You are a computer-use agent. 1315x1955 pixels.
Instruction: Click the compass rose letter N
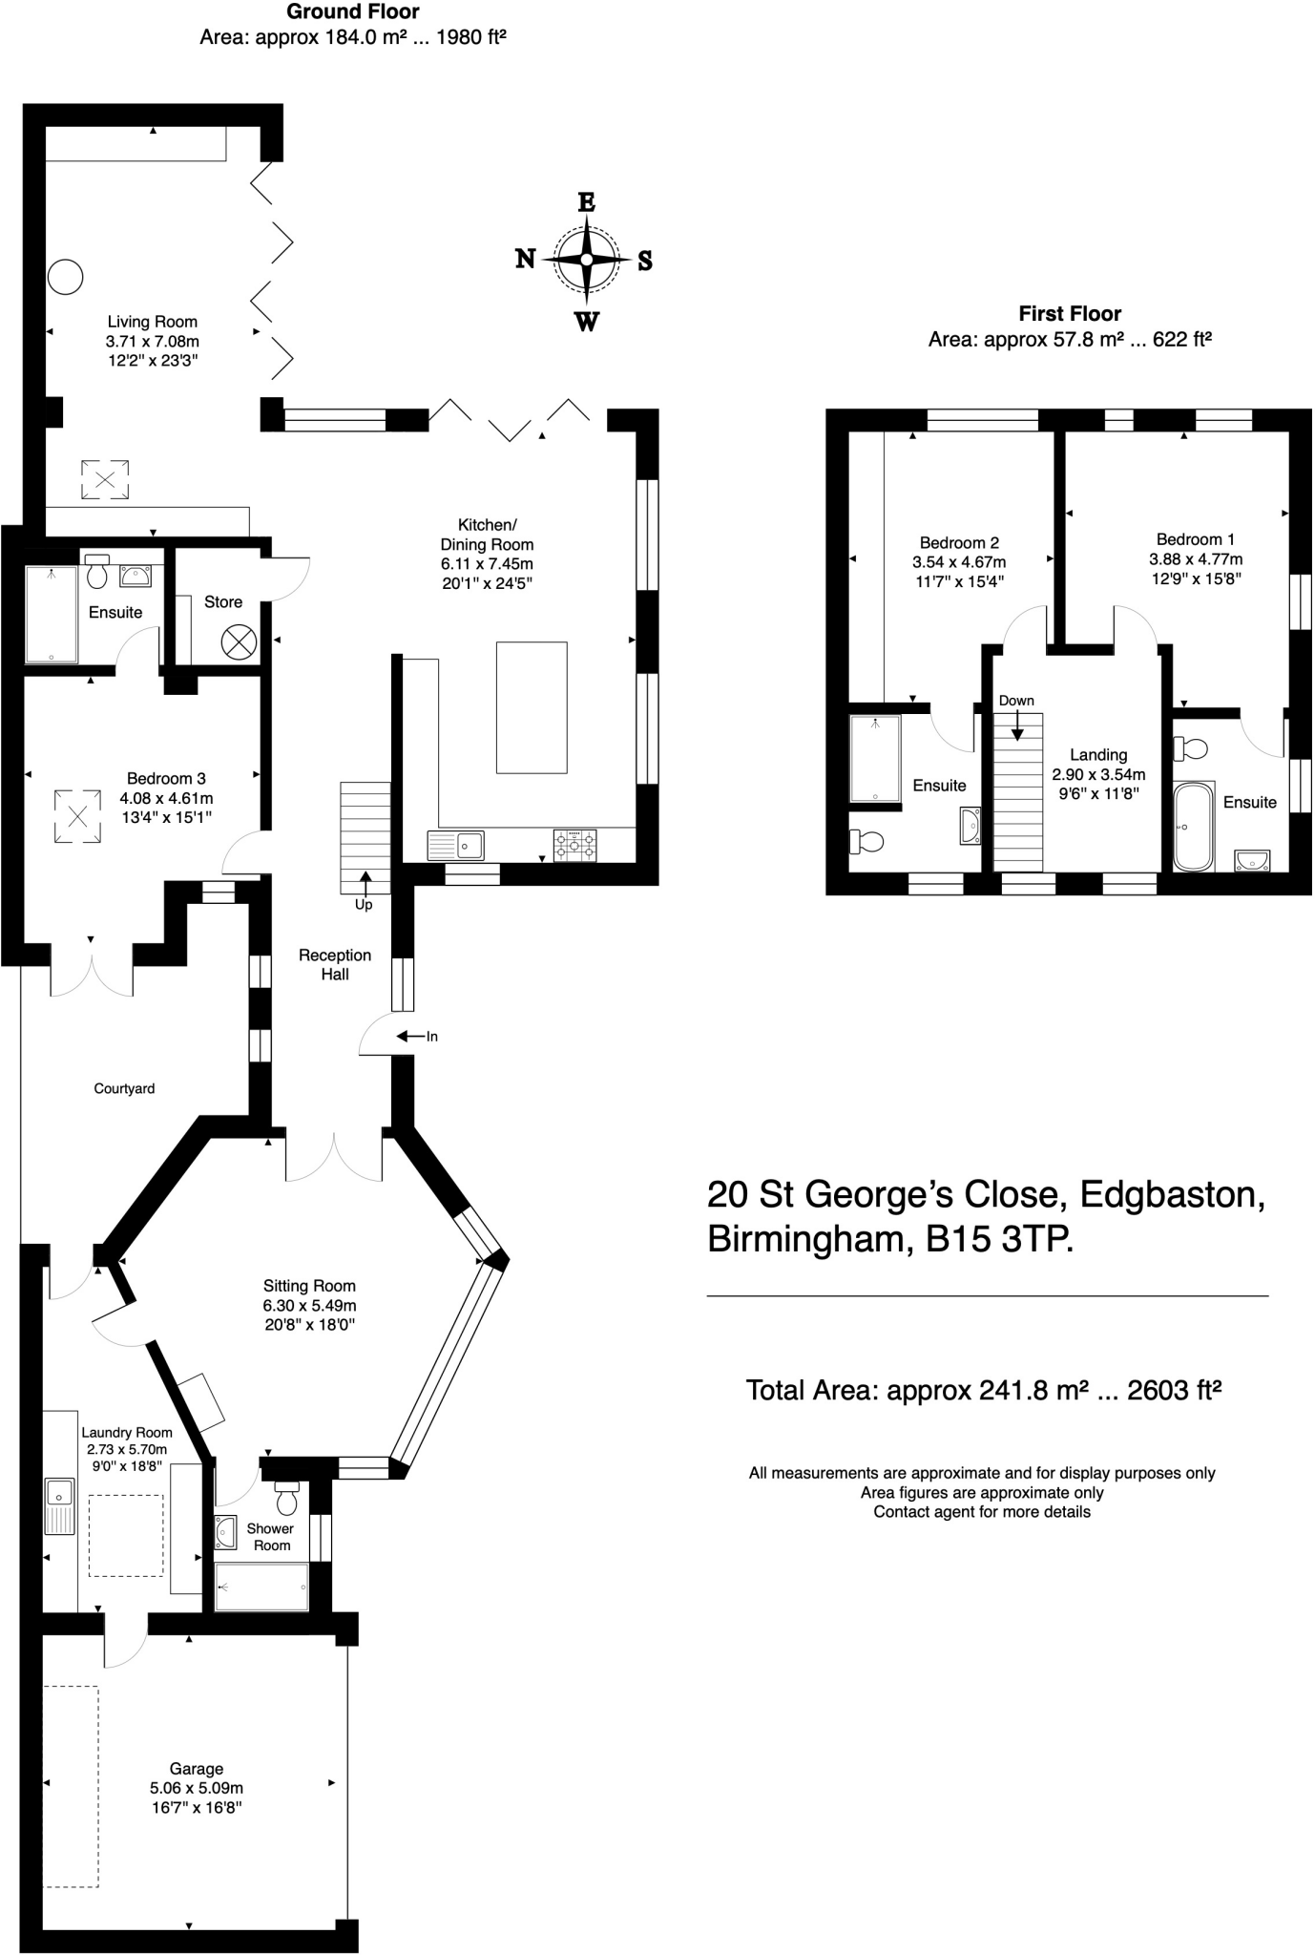[525, 259]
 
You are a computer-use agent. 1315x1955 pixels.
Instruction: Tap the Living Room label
[152, 322]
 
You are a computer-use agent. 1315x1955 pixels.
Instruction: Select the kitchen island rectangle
[532, 707]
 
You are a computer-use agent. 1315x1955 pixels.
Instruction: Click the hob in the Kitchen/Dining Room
[574, 845]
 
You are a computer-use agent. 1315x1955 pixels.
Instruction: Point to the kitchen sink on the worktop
[456, 845]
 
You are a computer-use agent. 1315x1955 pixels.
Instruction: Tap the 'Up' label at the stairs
[364, 904]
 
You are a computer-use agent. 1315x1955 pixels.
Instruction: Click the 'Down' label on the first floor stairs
[1016, 701]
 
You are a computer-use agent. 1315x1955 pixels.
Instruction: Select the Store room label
[223, 601]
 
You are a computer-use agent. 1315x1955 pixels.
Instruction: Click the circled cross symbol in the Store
[239, 641]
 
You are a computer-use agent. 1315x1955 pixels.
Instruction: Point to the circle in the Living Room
[66, 278]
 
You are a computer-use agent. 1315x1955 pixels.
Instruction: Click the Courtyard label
[124, 1088]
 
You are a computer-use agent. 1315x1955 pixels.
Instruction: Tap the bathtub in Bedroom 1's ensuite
[1193, 827]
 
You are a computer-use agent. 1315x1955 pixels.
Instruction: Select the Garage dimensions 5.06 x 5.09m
[197, 1788]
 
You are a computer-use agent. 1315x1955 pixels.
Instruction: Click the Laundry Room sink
[60, 1506]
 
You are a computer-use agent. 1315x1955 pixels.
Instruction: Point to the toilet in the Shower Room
[286, 1499]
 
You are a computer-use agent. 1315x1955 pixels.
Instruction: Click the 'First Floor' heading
[1070, 313]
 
